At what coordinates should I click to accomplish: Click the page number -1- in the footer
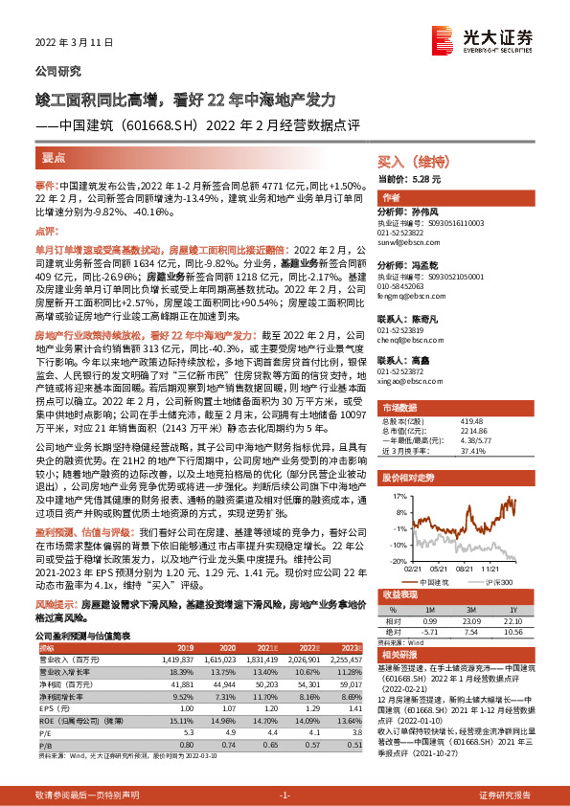tap(285, 795)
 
